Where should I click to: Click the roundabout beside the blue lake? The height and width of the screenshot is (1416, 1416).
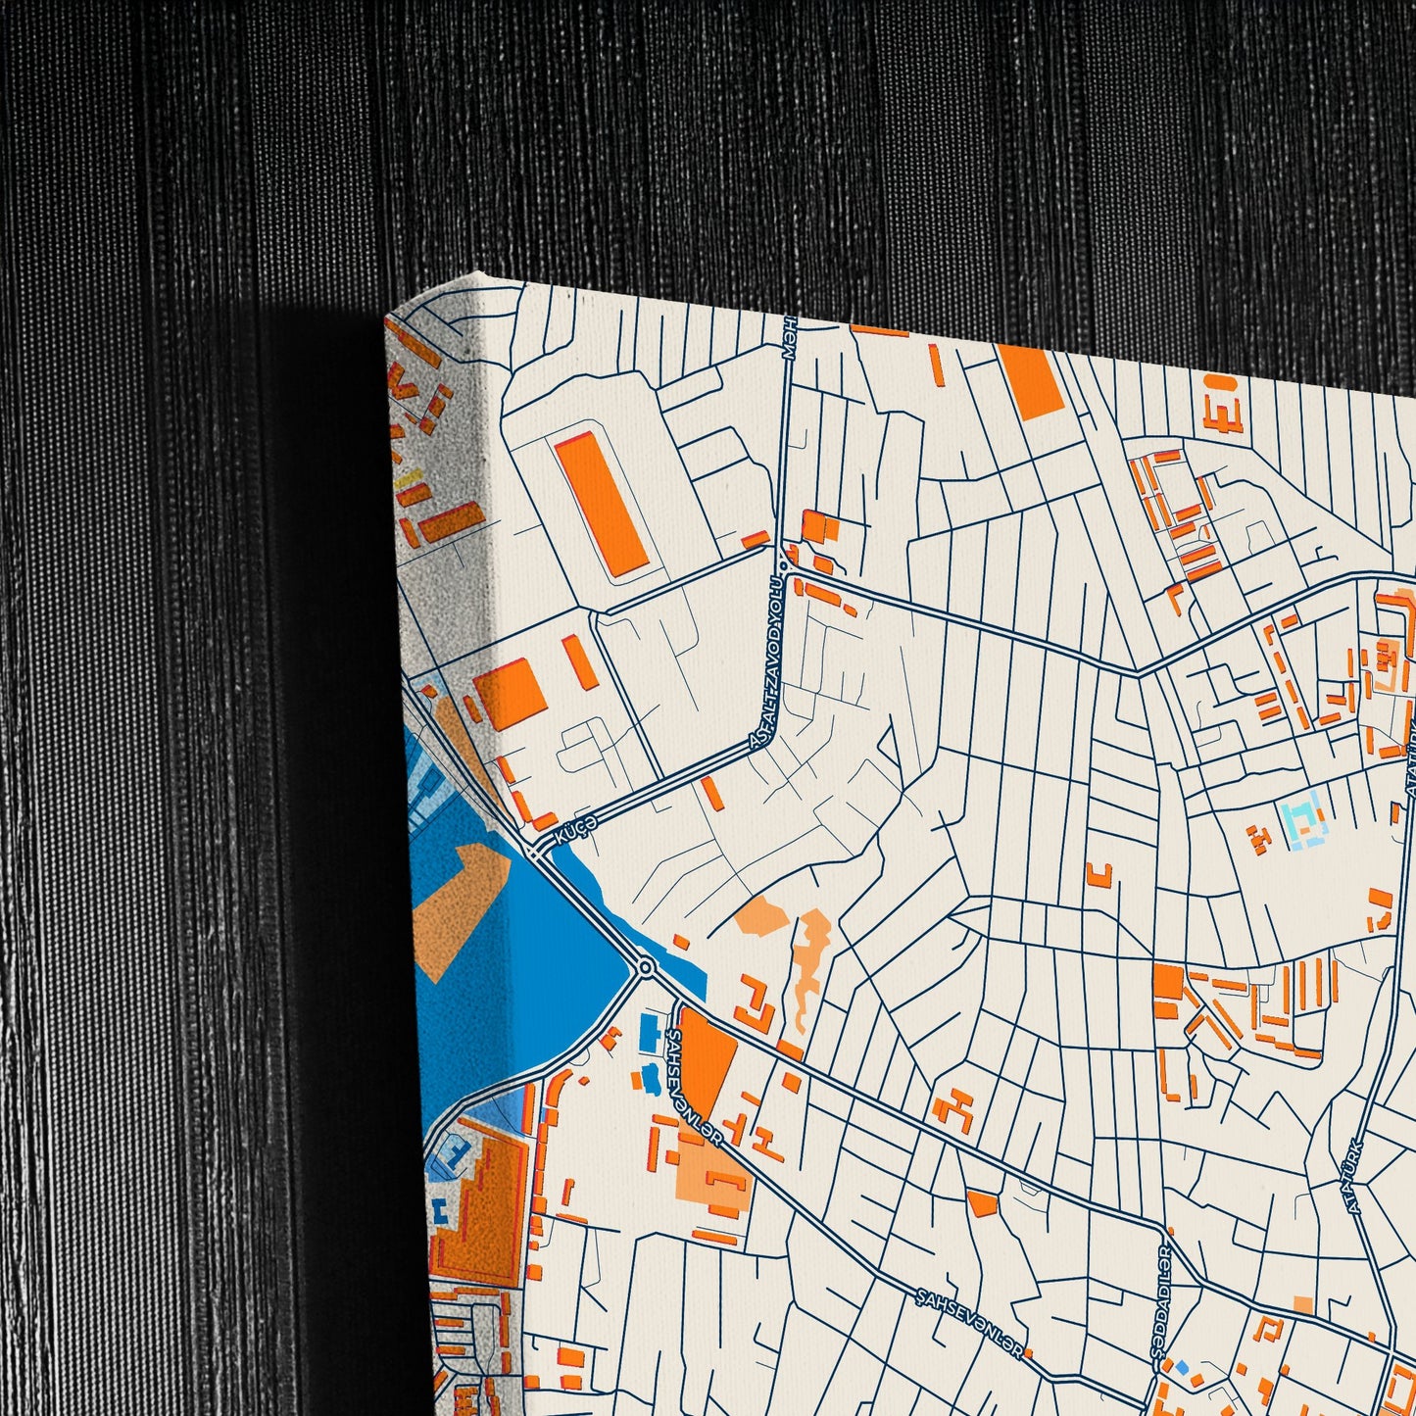coord(645,968)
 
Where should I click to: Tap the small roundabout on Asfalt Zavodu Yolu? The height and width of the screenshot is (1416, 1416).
coord(783,565)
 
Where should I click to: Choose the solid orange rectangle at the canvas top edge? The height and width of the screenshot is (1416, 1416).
coord(1029,381)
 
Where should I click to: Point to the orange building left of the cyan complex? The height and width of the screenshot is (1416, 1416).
coord(1256,837)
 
